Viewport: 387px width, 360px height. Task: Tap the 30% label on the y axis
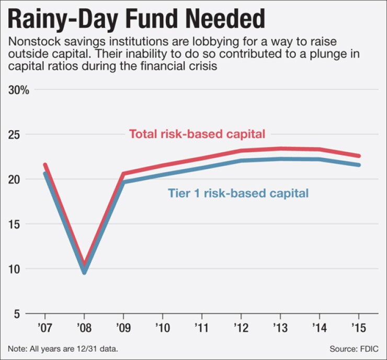coord(19,89)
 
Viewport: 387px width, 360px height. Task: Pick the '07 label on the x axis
coord(45,329)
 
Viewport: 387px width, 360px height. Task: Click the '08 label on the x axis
coord(84,329)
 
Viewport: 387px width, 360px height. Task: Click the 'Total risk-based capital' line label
coord(197,133)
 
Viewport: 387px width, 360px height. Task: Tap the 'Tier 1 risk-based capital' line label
coord(238,193)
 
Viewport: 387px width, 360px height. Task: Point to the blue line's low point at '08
coord(84,272)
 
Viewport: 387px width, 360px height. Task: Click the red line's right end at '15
coord(359,156)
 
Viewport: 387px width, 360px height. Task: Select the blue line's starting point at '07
coord(45,174)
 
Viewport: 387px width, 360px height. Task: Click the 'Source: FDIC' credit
coord(354,348)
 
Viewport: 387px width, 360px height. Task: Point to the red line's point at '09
coord(123,173)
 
